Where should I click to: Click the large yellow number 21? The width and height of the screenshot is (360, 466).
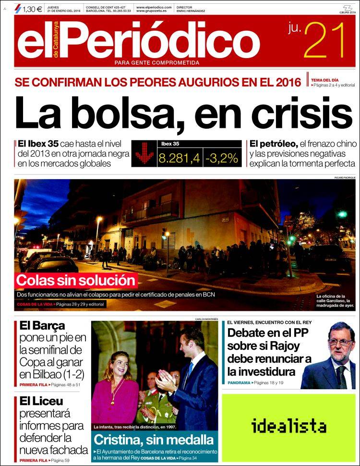pyautogui.click(x=325, y=42)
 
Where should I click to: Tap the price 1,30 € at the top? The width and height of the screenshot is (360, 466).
pyautogui.click(x=32, y=8)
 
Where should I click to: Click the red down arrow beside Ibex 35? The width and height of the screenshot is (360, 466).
pyautogui.click(x=144, y=154)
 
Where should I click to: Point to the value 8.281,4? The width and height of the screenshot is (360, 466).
pyautogui.click(x=179, y=158)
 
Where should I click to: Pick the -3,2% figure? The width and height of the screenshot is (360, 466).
pyautogui.click(x=222, y=158)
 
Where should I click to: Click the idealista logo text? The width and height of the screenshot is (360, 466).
pyautogui.click(x=288, y=426)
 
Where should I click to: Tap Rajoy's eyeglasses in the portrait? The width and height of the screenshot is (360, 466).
pyautogui.click(x=340, y=342)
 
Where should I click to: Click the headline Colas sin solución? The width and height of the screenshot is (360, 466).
pyautogui.click(x=76, y=280)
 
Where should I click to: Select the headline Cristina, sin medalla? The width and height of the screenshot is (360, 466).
pyautogui.click(x=154, y=439)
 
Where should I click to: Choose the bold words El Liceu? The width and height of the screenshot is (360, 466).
pyautogui.click(x=42, y=401)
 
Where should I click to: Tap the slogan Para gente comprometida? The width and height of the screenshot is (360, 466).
pyautogui.click(x=156, y=62)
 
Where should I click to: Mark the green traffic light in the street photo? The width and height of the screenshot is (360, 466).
pyautogui.click(x=342, y=214)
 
